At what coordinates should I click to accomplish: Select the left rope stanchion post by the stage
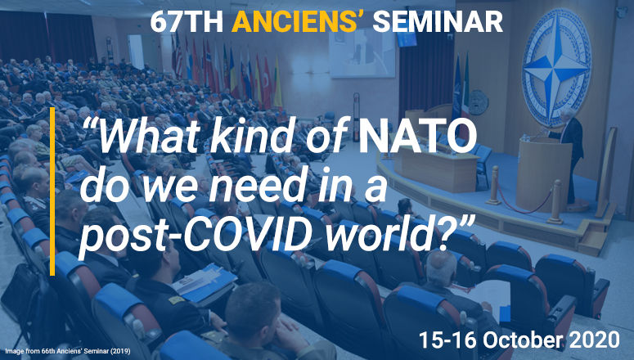tap(493, 186)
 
